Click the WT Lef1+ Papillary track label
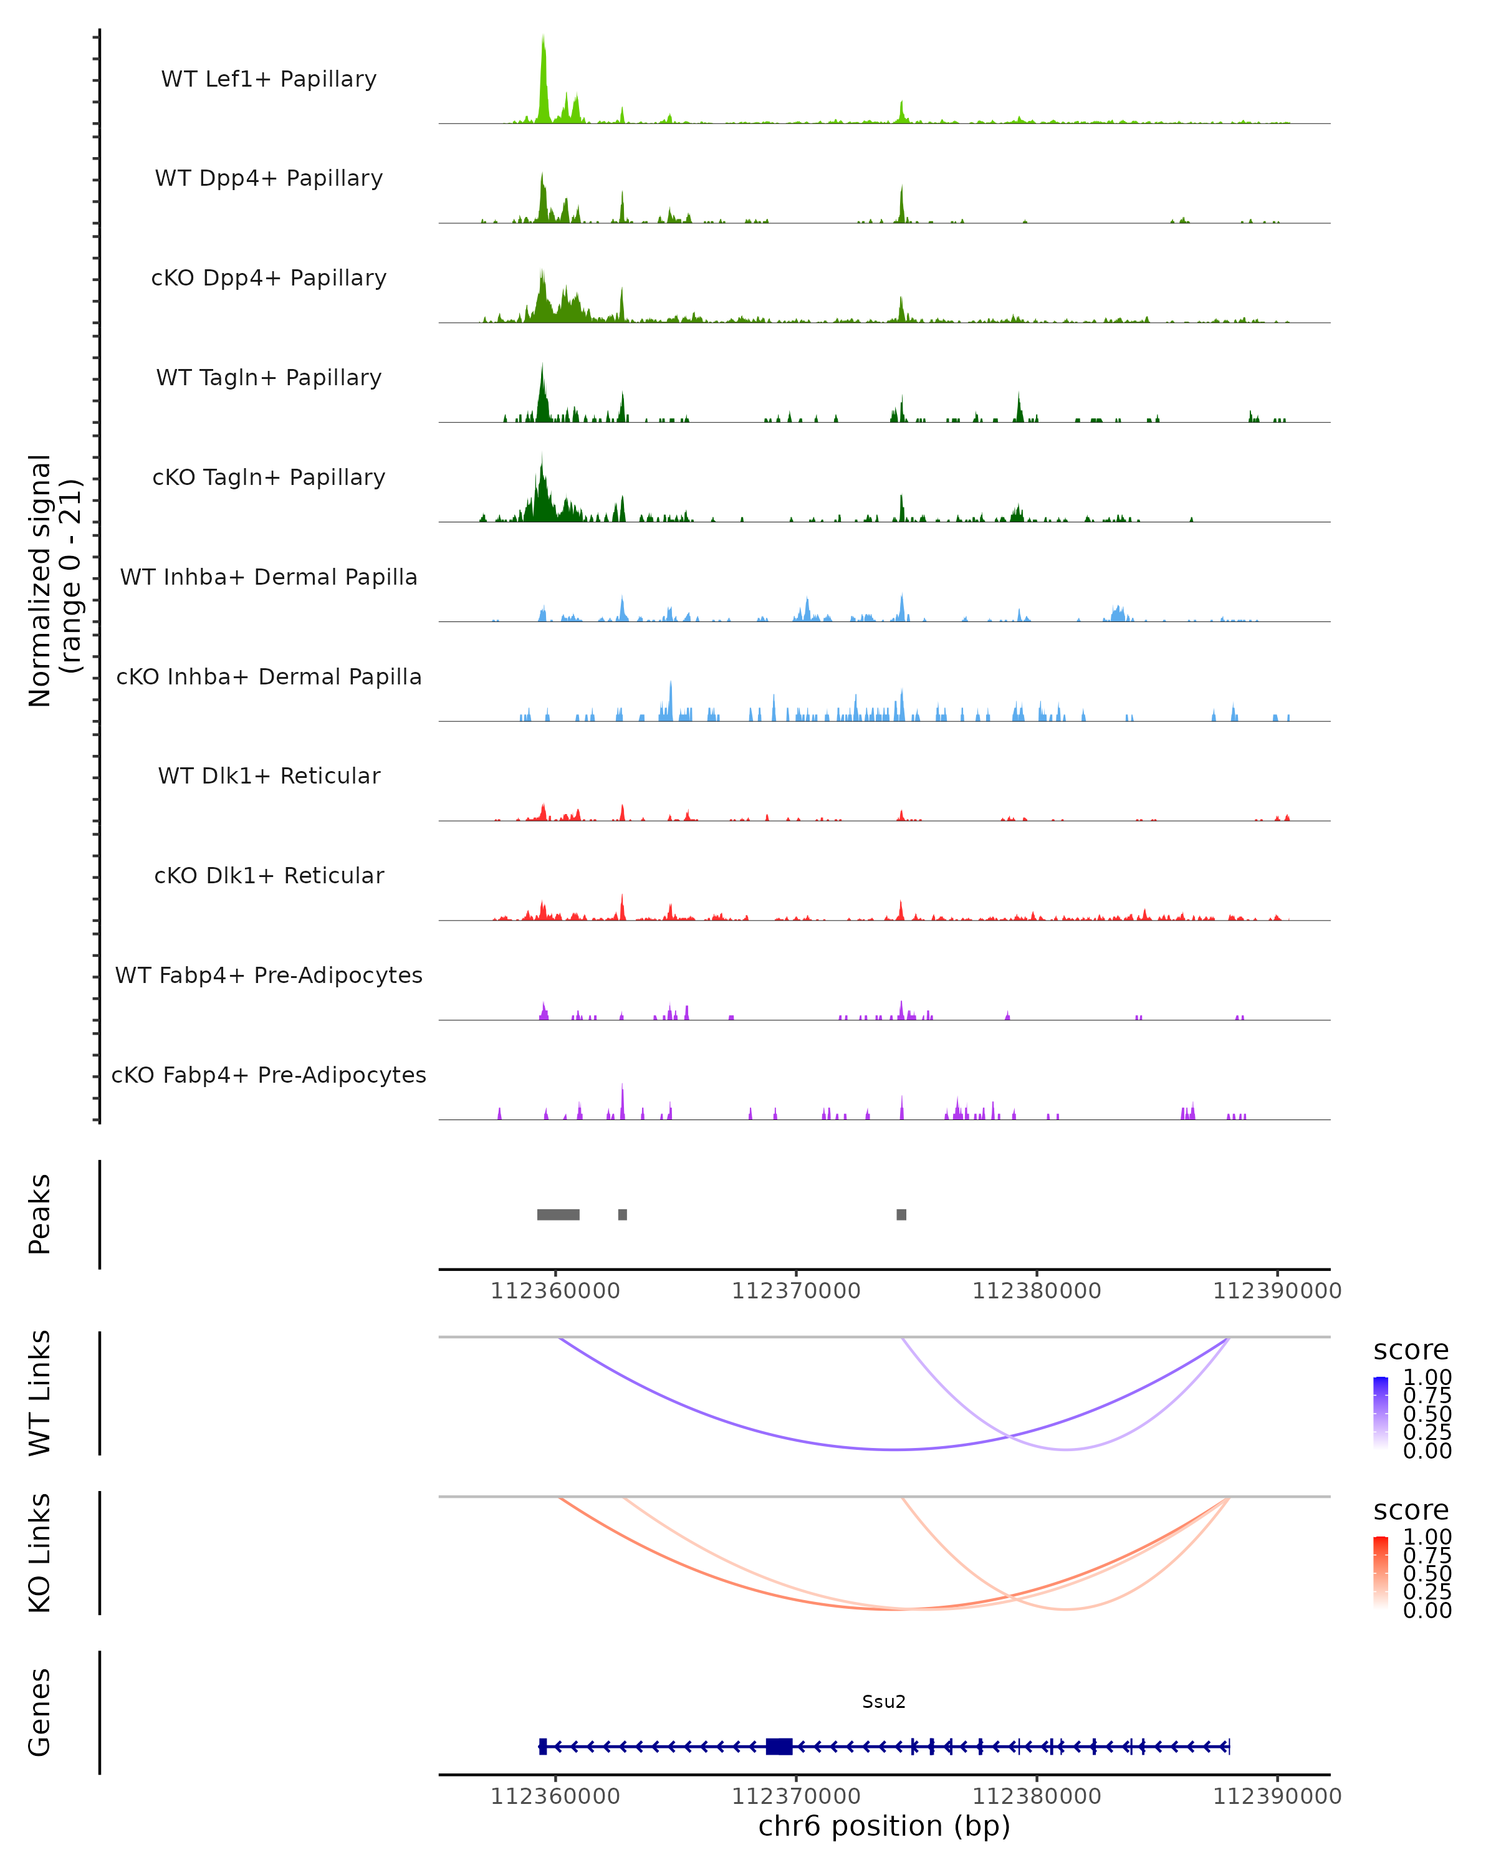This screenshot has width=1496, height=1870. coord(269,79)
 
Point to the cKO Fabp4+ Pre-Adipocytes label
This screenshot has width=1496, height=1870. coord(269,1075)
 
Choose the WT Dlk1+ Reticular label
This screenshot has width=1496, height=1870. coord(269,776)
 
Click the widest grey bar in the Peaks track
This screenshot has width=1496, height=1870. coord(559,1214)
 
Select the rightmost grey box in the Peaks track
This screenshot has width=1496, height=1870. coord(901,1214)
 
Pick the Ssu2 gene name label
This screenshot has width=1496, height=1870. coord(884,1702)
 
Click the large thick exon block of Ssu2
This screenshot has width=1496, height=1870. coord(779,1747)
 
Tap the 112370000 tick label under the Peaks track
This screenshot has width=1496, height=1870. coord(796,1292)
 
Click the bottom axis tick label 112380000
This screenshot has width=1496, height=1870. coord(1037,1796)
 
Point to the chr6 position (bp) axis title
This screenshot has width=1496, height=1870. coord(884,1826)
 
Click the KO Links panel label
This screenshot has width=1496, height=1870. coord(40,1553)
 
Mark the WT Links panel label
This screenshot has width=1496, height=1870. coord(40,1393)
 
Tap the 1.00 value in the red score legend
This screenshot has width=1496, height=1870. coord(1427,1537)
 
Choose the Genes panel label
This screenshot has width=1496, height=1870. coord(40,1712)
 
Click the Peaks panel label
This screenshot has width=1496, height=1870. coord(40,1214)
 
